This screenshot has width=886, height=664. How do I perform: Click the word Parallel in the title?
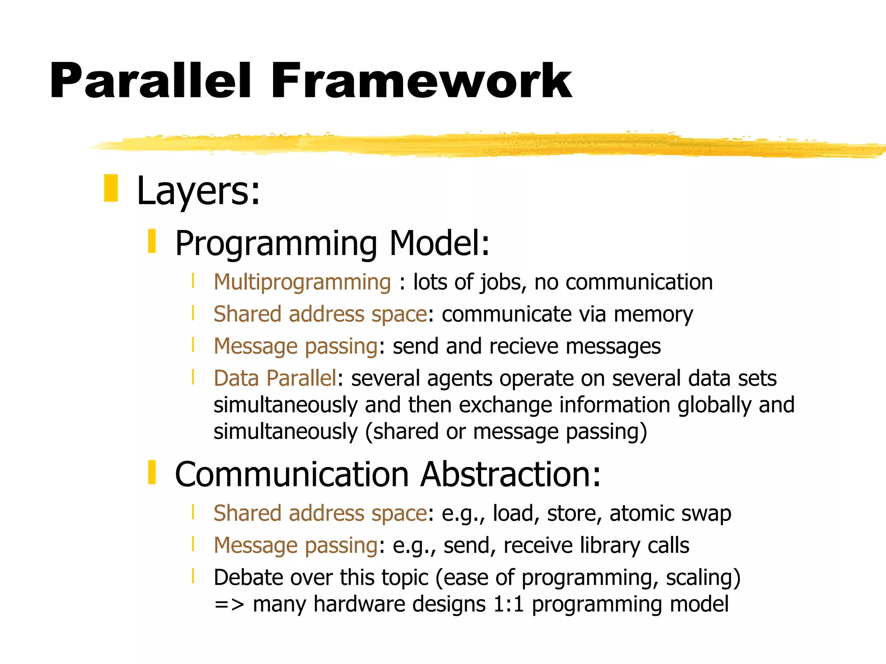(x=150, y=81)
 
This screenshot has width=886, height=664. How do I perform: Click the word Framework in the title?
(x=421, y=81)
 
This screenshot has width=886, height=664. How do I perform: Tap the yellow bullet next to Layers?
(x=111, y=188)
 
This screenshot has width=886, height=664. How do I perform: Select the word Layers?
(x=198, y=192)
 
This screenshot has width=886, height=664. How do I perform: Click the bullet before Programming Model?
(x=152, y=241)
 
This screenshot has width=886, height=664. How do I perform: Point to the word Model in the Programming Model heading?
(x=439, y=243)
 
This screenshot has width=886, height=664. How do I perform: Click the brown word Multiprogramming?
(x=302, y=282)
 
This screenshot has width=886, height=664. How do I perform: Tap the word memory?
(x=653, y=314)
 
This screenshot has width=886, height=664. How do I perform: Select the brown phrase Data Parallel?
(x=275, y=378)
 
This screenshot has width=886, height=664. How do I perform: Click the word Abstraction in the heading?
(x=510, y=475)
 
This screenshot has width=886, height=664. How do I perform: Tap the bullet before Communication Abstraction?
(x=152, y=472)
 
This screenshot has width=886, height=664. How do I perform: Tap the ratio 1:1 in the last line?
(x=508, y=604)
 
